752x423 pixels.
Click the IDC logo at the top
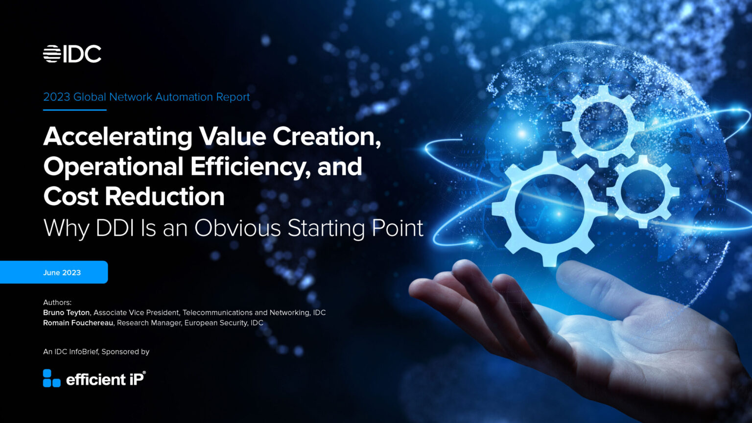tap(72, 54)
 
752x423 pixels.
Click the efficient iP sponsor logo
tap(94, 378)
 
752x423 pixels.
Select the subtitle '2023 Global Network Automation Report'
tap(146, 97)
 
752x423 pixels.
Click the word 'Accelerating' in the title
tap(117, 137)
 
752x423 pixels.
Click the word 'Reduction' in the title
tap(164, 197)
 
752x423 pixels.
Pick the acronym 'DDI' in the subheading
tap(115, 228)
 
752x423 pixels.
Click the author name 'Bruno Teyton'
tap(66, 312)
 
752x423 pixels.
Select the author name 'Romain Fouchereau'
tap(78, 323)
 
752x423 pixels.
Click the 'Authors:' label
tap(57, 303)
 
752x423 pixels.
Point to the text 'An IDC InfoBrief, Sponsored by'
tap(96, 352)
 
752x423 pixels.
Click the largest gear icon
tap(549, 209)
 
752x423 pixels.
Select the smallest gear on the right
tap(643, 191)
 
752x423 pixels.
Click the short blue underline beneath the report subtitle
tap(74, 110)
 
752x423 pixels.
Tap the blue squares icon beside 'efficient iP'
tap(51, 378)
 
